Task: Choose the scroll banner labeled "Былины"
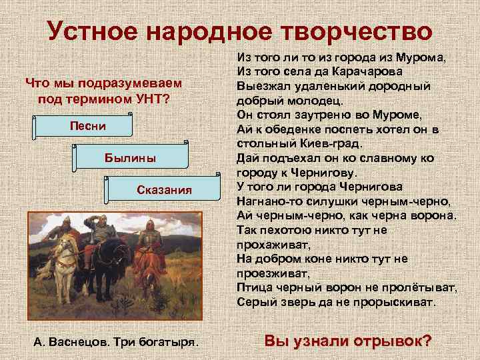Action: (130, 158)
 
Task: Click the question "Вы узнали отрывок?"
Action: (347, 341)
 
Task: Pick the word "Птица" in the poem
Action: (253, 287)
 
